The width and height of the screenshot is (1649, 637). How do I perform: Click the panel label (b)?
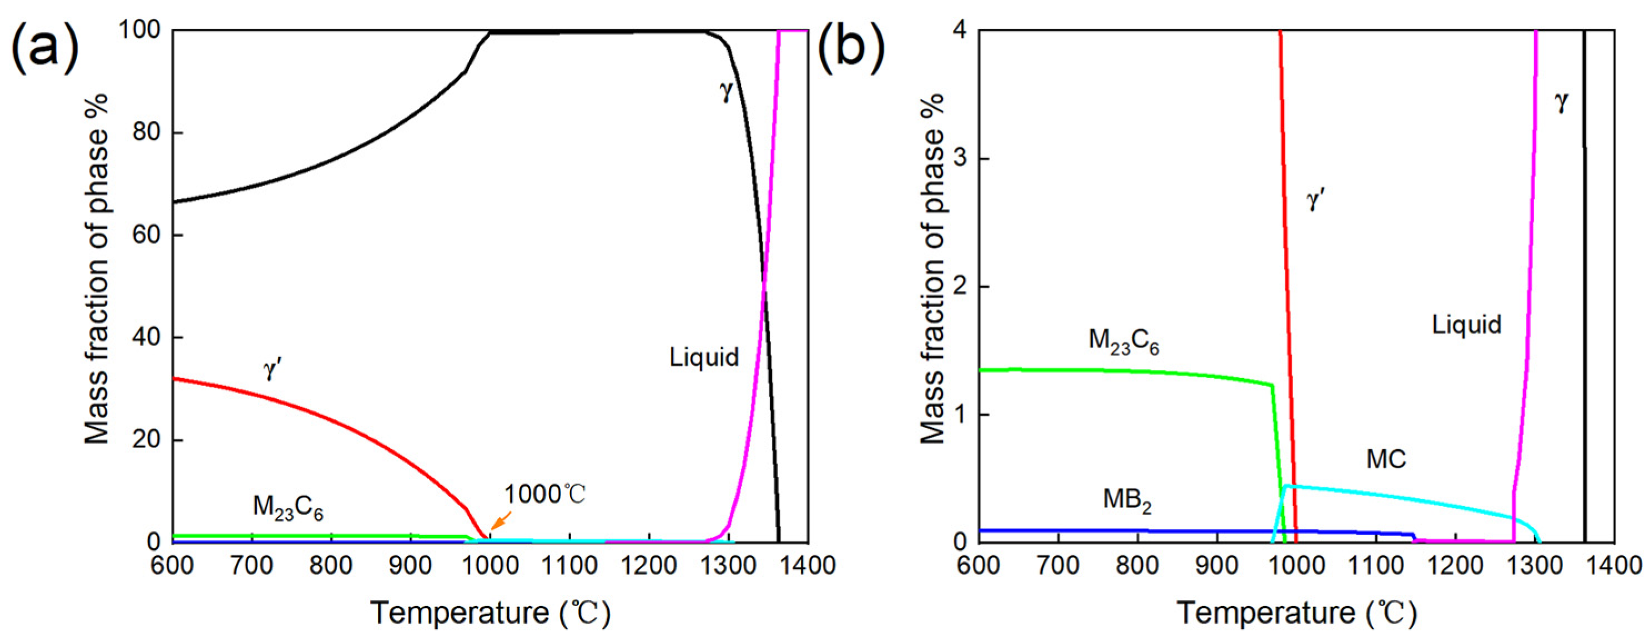coord(851,47)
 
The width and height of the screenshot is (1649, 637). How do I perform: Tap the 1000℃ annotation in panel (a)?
coord(544,494)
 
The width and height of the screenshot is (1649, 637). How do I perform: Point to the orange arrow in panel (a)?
coord(501,520)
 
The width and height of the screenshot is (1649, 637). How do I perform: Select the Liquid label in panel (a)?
coord(704,357)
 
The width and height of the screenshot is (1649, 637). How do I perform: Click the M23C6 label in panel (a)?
coord(288,508)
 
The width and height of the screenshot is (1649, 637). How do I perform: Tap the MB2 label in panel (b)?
coord(1127,500)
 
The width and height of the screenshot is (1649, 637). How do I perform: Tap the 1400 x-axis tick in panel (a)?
coord(809,565)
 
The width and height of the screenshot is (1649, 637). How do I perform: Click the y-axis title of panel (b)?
coord(934,269)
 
